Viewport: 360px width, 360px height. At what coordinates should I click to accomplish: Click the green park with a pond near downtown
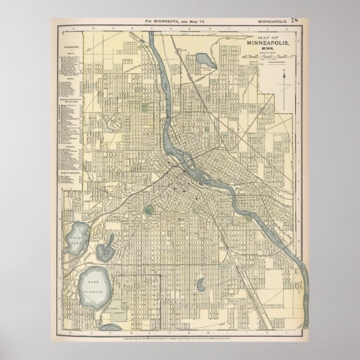pyautogui.click(x=149, y=211)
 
